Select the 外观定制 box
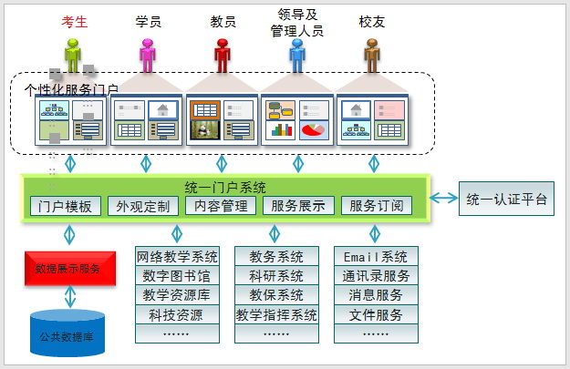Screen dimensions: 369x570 pos(142,206)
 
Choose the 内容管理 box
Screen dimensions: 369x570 pos(220,206)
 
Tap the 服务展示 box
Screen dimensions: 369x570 pos(298,206)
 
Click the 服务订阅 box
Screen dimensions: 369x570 pos(376,206)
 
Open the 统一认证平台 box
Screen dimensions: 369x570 pos(506,199)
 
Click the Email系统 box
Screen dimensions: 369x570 pos(376,256)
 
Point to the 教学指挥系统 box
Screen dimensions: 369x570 pos(276,315)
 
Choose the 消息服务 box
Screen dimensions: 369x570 pos(376,295)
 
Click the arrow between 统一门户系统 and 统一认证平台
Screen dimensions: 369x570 pos(444,198)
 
